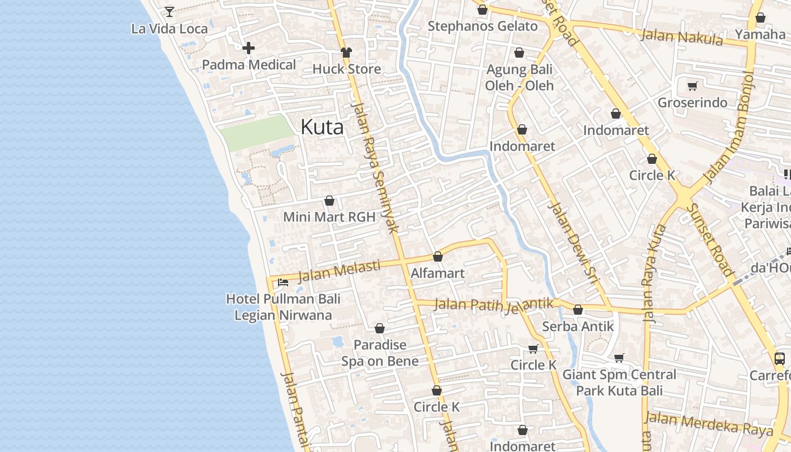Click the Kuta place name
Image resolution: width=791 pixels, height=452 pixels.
[322, 127]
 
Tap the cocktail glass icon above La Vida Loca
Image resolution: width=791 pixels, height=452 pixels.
[169, 11]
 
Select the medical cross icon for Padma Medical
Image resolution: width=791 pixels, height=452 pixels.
[248, 49]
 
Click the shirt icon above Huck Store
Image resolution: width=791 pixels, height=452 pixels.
[346, 53]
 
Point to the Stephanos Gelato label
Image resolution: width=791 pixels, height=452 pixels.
[483, 27]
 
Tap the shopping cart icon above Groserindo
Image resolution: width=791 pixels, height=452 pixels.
[692, 86]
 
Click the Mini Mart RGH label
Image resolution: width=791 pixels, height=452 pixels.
[329, 217]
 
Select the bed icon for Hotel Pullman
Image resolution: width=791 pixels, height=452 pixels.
[283, 282]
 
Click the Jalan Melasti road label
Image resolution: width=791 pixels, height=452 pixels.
[339, 270]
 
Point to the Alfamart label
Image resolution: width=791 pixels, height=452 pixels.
[437, 273]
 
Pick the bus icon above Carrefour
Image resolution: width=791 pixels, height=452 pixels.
[779, 358]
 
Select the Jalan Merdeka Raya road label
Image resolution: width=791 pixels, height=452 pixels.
[709, 423]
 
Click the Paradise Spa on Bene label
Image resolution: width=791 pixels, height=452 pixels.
[380, 353]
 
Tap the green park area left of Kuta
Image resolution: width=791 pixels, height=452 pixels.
[257, 133]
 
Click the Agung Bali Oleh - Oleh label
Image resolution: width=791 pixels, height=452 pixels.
[519, 78]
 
